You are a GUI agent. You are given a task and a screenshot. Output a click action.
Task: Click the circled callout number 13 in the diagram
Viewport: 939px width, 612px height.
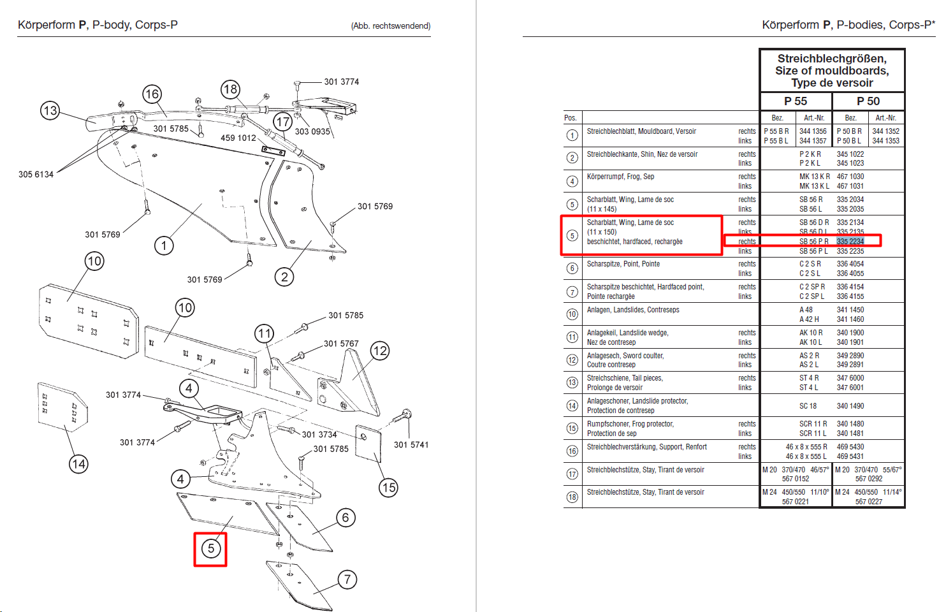[x=50, y=111]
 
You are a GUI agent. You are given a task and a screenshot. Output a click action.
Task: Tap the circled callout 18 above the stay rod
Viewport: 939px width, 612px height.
[x=230, y=89]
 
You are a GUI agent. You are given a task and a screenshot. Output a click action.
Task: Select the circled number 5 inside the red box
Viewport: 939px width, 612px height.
[x=211, y=548]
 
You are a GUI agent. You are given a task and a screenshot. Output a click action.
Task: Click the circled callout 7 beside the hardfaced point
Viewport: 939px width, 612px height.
[x=347, y=579]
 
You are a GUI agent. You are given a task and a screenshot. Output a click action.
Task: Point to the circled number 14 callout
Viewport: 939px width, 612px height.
[x=78, y=464]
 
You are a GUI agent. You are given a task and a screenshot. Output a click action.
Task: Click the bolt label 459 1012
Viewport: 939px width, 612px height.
[x=238, y=138]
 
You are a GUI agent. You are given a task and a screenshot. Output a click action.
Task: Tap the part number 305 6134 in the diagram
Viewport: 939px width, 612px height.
[x=36, y=175]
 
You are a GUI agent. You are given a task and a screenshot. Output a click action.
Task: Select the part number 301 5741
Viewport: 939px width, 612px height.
[x=411, y=445]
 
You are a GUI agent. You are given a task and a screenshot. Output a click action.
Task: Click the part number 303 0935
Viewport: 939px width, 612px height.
[x=312, y=131]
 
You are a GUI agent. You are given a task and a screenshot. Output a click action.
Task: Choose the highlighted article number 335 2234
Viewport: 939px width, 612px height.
[x=850, y=242]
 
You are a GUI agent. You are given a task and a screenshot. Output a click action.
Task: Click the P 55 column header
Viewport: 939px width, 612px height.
[x=796, y=101]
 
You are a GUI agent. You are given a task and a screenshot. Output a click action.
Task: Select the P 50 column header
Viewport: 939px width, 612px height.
[x=868, y=101]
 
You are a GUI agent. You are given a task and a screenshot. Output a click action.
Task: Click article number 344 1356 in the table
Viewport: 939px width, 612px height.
[x=813, y=131]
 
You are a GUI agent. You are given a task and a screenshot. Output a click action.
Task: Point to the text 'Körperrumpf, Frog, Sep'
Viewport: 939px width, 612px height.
[x=620, y=177]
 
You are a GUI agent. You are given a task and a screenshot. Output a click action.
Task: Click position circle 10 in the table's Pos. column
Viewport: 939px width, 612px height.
[x=572, y=314]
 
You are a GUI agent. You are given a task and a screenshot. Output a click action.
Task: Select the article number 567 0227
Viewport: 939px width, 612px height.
[x=869, y=501]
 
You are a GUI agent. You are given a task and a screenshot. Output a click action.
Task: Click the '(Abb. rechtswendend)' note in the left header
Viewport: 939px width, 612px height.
[x=391, y=26]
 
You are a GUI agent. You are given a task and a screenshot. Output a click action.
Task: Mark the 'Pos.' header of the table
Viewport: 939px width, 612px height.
[x=570, y=118]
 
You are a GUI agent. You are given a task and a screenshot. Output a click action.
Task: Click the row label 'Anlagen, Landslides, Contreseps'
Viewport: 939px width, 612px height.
[x=633, y=310]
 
